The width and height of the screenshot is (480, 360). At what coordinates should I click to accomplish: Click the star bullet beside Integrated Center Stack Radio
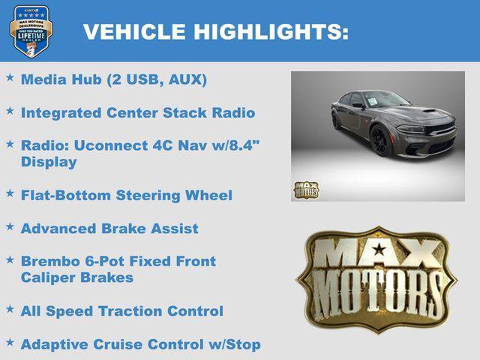(10, 111)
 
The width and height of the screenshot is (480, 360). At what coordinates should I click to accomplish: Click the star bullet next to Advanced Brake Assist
(10, 226)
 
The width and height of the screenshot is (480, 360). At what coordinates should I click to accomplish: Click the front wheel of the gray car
(380, 139)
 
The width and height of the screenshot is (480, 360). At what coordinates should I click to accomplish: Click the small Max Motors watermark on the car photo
(306, 190)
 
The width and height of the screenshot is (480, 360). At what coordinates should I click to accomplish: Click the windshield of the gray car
(385, 100)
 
